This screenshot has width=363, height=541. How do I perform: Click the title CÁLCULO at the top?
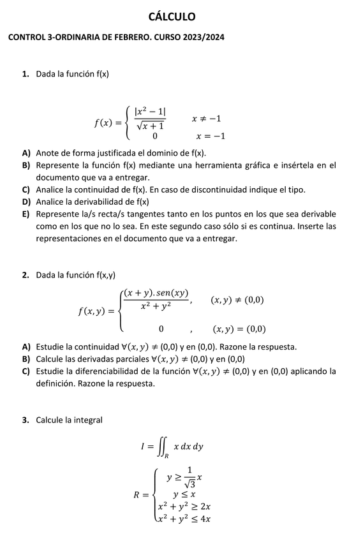(x=172, y=17)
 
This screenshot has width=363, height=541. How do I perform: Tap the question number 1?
(x=25, y=74)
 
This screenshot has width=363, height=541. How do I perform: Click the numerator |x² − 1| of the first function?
(x=150, y=111)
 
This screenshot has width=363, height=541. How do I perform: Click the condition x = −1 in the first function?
(x=211, y=136)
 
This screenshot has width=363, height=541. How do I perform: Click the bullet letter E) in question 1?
(x=26, y=214)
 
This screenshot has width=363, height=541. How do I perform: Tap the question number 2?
(x=25, y=275)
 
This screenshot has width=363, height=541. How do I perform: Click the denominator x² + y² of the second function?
(x=156, y=306)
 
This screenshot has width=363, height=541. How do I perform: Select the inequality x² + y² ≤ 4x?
(x=184, y=518)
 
